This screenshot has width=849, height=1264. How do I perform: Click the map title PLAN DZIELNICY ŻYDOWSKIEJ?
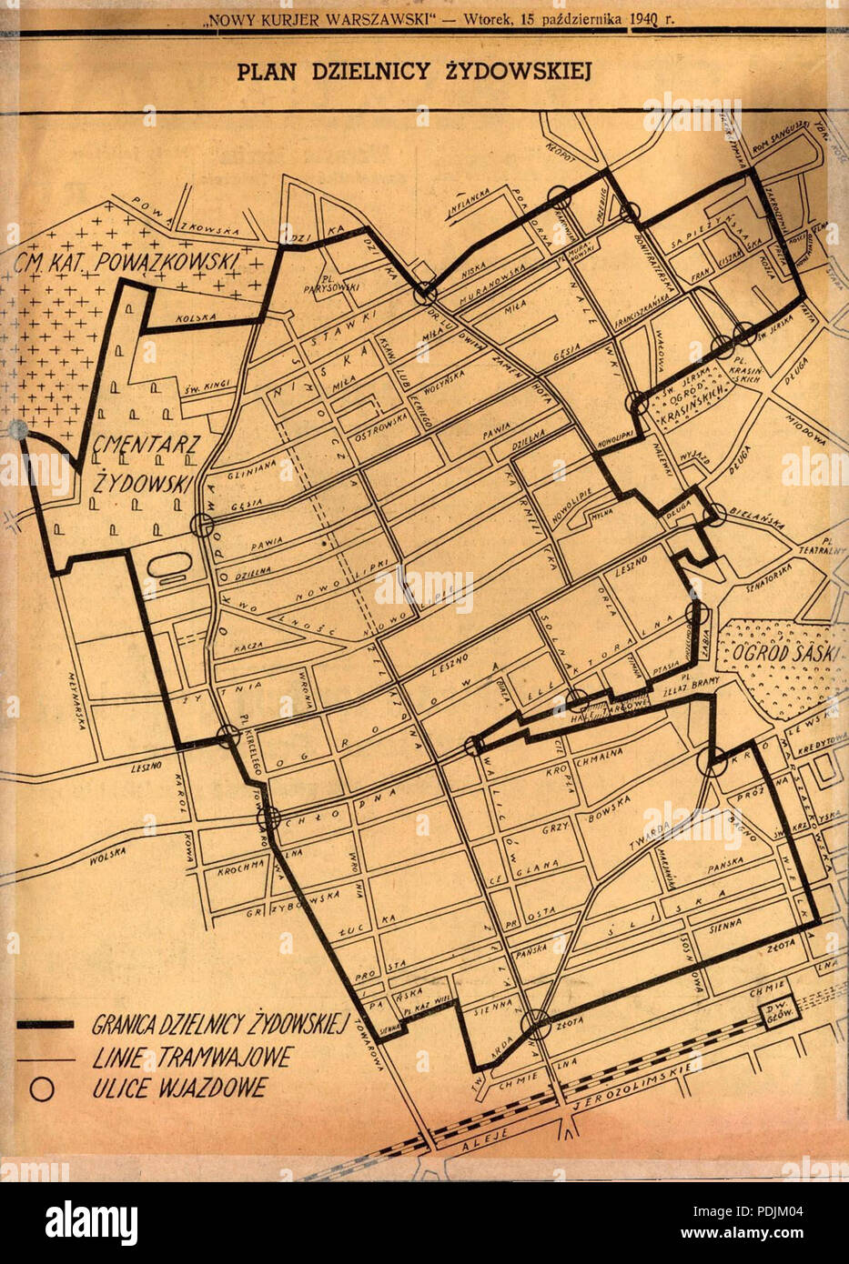click(x=414, y=71)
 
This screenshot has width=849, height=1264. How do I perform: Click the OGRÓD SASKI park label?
click(x=765, y=654)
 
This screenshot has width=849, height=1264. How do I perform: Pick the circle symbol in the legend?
click(x=42, y=1088)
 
